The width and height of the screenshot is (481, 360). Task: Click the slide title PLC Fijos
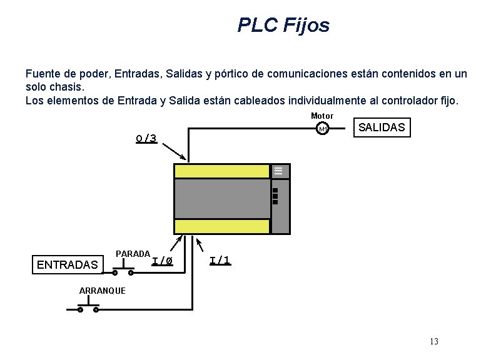click(283, 26)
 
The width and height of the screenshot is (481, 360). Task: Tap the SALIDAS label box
click(382, 127)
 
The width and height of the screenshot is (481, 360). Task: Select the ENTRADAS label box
click(68, 265)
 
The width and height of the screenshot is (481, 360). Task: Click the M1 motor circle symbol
click(323, 129)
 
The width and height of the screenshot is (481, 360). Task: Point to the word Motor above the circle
click(322, 116)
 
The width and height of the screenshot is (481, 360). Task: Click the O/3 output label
click(146, 138)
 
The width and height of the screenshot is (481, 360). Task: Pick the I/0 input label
click(162, 261)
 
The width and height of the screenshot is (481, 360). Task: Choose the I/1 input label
click(220, 260)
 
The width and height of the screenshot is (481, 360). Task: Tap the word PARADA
click(133, 254)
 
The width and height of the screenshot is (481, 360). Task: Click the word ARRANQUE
click(103, 291)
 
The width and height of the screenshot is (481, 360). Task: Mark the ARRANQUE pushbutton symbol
click(88, 307)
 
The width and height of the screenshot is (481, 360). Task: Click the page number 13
click(434, 341)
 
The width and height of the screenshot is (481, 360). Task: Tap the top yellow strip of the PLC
click(221, 171)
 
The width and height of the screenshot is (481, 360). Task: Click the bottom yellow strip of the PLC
click(221, 226)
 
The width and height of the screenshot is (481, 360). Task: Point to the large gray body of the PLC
click(221, 199)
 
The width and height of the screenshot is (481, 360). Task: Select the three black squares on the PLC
click(275, 196)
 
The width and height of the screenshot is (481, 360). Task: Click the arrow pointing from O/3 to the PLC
click(174, 151)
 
